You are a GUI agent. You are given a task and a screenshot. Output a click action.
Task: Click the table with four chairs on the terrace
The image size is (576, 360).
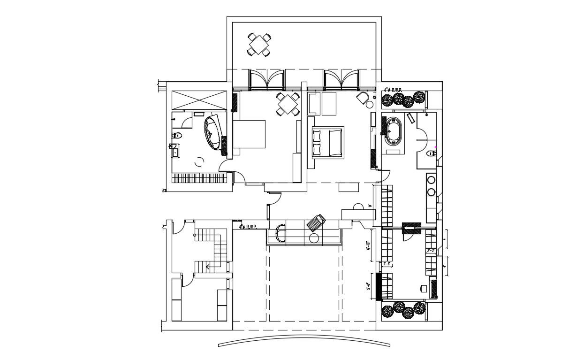pyautogui.click(x=259, y=45)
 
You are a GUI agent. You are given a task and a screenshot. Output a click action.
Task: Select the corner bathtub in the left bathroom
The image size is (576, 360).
pyautogui.click(x=213, y=133)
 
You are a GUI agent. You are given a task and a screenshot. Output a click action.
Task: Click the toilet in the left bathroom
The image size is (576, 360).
pyautogui.click(x=176, y=136)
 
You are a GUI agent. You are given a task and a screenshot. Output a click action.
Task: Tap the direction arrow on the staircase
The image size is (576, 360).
pyautogui.click(x=209, y=267)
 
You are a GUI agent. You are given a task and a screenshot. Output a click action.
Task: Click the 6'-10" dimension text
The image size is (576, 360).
pyautogui.click(x=368, y=245)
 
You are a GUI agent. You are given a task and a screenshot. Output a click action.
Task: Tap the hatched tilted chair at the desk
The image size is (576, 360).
pyautogui.click(x=316, y=222)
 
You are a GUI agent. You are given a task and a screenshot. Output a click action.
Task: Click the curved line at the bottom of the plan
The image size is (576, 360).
pyautogui.click(x=304, y=340)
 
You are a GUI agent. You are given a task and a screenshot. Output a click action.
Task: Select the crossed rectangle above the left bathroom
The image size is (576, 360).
pyautogui.click(x=199, y=100)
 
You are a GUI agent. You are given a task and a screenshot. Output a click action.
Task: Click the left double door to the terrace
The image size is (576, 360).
pyautogui.click(x=267, y=79)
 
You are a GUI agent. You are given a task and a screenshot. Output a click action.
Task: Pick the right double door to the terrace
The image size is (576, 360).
pyautogui.click(x=342, y=79)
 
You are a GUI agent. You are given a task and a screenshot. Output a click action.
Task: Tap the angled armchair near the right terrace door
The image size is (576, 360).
pyautogui.click(x=361, y=98)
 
